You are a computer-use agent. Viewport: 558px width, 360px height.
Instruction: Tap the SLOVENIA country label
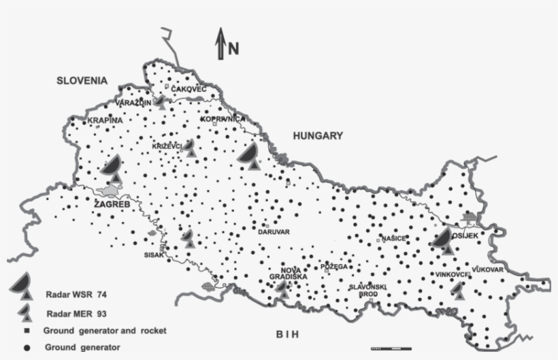tap(82, 80)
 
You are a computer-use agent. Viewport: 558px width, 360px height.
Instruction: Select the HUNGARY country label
tap(317, 136)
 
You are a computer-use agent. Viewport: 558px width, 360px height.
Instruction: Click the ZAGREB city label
tap(110, 203)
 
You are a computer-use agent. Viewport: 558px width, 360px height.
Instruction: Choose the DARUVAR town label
tap(274, 232)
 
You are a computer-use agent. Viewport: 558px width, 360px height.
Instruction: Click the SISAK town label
tap(154, 255)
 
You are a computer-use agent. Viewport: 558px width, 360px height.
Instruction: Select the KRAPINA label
tap(105, 120)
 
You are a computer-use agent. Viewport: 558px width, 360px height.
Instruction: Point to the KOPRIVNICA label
tap(223, 119)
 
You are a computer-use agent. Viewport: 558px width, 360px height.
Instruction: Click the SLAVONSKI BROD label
tap(368, 290)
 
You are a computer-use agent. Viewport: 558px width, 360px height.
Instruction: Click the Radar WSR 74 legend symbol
tap(22, 285)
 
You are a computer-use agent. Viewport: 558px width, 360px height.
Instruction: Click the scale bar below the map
tap(391, 348)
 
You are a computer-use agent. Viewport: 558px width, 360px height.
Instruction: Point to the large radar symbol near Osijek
tap(442, 240)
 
